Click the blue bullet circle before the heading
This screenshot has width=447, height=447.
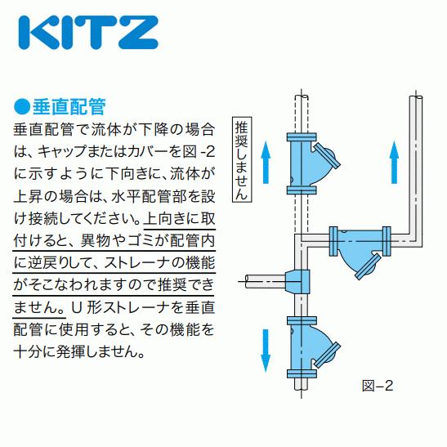pyautogui.click(x=20, y=107)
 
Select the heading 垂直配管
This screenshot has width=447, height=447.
pyautogui.click(x=70, y=107)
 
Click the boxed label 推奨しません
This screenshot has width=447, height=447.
pyautogui.click(x=242, y=159)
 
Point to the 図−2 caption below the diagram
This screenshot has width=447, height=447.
pyautogui.click(x=377, y=384)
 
